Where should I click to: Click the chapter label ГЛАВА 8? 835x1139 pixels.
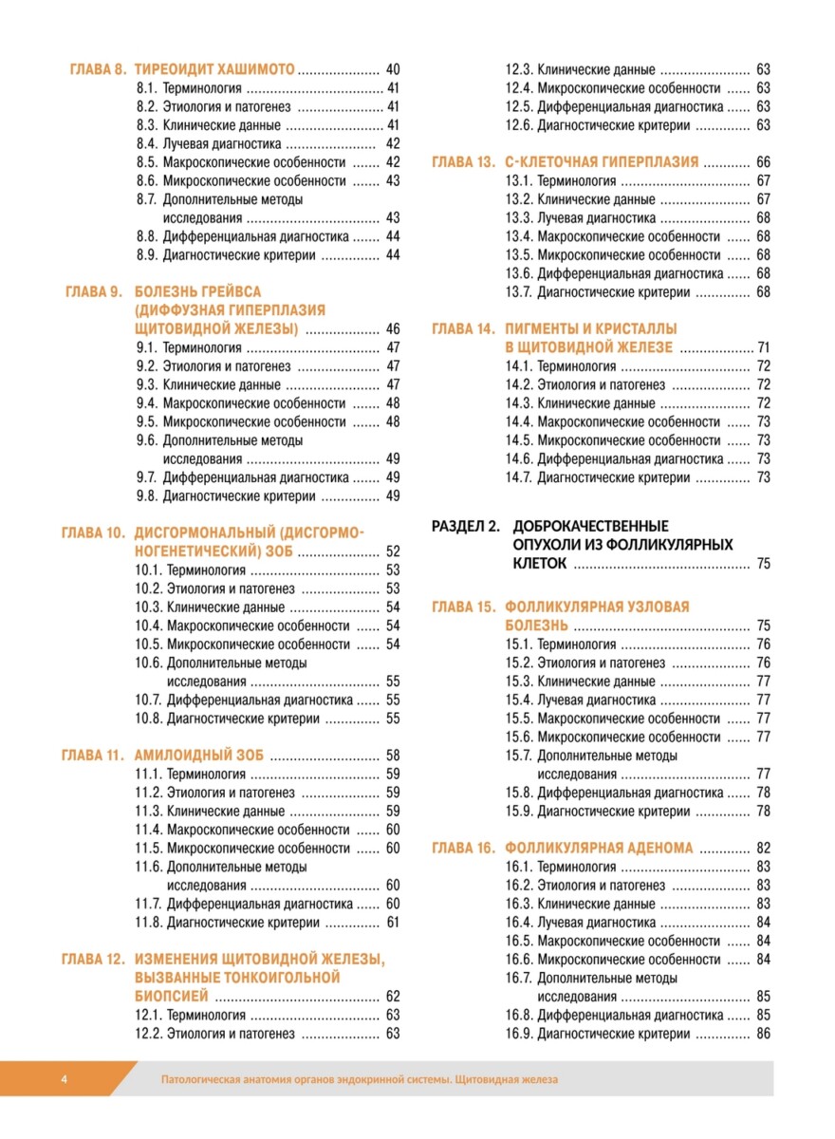coord(99,69)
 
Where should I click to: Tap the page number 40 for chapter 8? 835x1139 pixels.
coord(394,69)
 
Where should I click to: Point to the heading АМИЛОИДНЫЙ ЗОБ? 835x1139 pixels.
coord(200,756)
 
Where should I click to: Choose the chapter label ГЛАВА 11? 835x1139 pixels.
coord(93,756)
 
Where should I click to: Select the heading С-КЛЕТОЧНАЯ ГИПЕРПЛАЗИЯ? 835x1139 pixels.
coord(602,162)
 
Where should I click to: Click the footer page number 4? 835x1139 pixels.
coord(63,1080)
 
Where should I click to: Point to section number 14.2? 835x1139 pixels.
coord(518,384)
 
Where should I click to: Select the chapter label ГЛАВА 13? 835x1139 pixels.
coord(464,162)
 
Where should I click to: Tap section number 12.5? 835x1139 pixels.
coord(518,106)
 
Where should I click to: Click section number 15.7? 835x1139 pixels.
coord(518,756)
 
